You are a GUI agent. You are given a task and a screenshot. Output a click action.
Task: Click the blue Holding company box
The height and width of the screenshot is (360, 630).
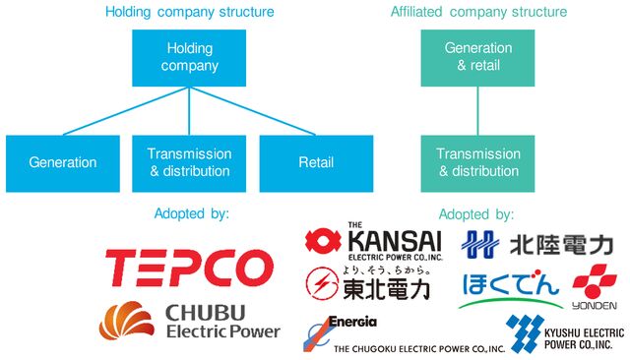point(189,57)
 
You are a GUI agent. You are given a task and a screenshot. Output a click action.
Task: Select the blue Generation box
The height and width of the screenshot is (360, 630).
point(62,162)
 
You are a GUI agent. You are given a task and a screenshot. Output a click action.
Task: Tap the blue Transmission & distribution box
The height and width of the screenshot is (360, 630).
point(189,162)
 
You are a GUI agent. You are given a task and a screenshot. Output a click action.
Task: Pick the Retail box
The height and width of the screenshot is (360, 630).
point(316,162)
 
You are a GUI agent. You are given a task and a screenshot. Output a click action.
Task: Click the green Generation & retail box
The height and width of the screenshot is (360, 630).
point(478,57)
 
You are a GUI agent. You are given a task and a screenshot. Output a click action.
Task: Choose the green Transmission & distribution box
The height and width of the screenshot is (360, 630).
point(478,162)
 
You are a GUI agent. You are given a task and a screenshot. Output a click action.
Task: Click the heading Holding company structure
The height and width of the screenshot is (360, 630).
point(189,12)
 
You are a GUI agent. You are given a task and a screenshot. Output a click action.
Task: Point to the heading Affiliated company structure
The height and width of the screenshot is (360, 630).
point(478,12)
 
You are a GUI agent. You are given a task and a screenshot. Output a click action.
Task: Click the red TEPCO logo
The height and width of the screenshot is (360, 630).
point(189,267)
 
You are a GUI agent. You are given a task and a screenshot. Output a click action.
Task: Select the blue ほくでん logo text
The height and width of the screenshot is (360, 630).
point(510,284)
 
